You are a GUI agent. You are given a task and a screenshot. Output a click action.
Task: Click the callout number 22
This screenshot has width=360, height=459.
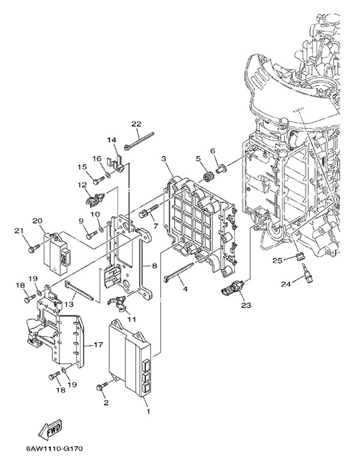click(x=136, y=124)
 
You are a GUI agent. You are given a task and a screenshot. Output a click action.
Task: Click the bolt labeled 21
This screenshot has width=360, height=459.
click(x=32, y=245)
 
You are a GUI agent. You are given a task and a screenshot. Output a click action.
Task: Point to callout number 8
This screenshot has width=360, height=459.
click(x=154, y=265)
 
